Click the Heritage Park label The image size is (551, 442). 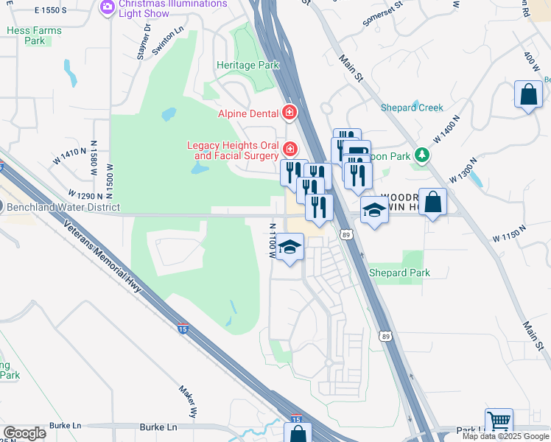pos(248,65)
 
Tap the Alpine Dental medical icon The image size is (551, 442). pos(290,113)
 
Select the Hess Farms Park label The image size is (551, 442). pos(35,35)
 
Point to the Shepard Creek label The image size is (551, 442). pos(412,108)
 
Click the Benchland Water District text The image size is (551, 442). pos(63,208)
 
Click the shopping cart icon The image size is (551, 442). pos(499,421)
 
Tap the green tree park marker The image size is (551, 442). pos(421,155)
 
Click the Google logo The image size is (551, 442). pos(24,433)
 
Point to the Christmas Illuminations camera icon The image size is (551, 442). pos(108,7)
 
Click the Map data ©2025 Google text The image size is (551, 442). pos(505,436)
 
